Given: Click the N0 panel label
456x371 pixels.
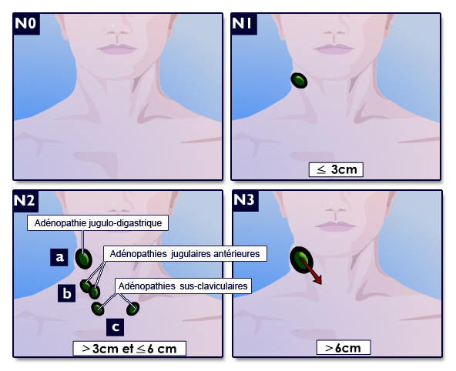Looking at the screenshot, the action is click(26, 24).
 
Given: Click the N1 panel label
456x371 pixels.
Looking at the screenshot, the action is click(243, 24).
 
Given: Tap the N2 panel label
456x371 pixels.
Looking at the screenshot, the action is click(25, 201).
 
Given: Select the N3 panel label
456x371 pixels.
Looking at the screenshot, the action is click(246, 201).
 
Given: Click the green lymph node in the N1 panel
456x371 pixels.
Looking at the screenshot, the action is click(299, 81).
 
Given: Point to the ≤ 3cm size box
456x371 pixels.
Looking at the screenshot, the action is click(336, 169).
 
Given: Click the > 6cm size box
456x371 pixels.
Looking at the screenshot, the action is click(344, 347).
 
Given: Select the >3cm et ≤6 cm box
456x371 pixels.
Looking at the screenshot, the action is click(129, 349).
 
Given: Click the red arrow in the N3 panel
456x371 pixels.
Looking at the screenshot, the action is click(310, 272).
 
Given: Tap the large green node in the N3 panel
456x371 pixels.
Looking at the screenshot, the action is click(301, 259).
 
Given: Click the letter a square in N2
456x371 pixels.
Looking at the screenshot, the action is click(59, 257).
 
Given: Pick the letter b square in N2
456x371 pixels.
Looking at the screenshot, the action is click(66, 293).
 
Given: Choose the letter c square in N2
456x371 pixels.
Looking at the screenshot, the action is click(116, 327).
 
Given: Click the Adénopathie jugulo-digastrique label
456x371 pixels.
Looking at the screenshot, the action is click(98, 223).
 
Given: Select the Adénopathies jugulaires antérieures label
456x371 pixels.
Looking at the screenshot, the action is click(185, 254).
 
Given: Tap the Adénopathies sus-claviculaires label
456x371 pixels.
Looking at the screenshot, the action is click(183, 286).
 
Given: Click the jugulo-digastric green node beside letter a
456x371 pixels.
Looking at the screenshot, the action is click(84, 259).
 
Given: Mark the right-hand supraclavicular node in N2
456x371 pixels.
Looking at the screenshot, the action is click(133, 309).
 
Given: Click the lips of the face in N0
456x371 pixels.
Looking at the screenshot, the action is click(117, 48).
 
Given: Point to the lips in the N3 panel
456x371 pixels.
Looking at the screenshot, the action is click(336, 226).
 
